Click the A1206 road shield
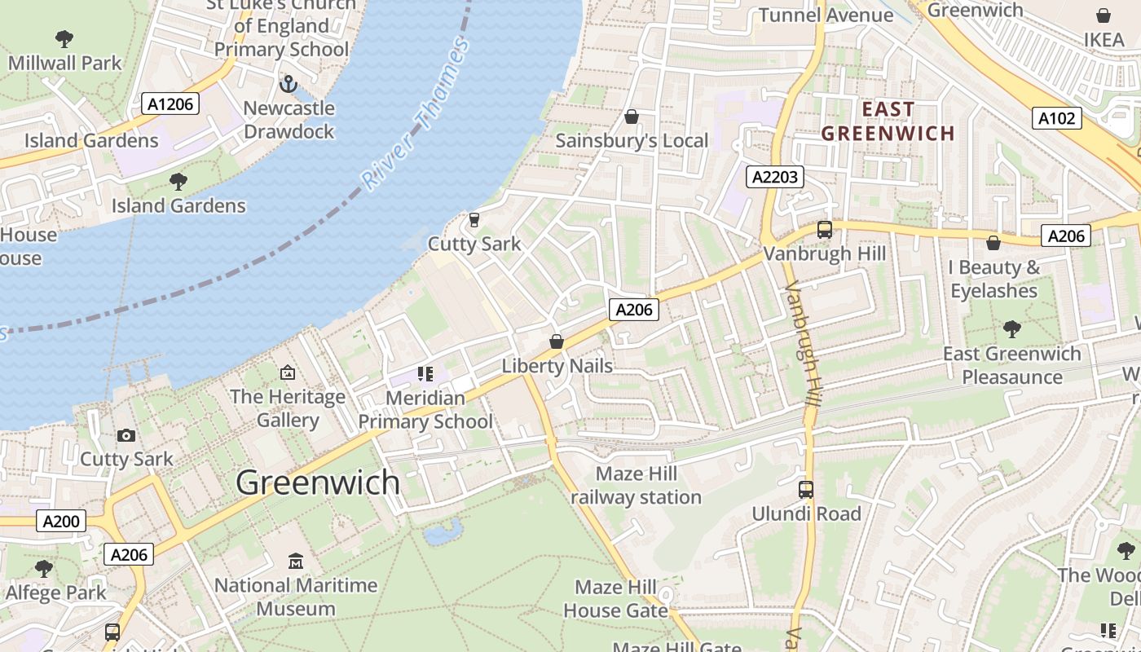click(x=170, y=104)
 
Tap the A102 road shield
click(x=1057, y=118)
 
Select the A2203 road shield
click(x=774, y=177)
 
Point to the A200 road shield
click(x=60, y=521)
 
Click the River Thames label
click(x=416, y=114)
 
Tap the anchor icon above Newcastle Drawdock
click(x=288, y=83)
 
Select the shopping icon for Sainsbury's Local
click(x=631, y=117)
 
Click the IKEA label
click(x=1104, y=39)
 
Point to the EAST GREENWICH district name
click(x=888, y=121)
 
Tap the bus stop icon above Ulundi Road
click(x=805, y=490)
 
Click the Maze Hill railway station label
click(x=636, y=486)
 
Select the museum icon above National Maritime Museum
click(x=296, y=562)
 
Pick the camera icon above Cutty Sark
click(x=126, y=435)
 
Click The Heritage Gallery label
click(x=288, y=408)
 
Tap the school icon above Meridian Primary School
click(x=425, y=374)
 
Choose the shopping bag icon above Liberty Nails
click(x=557, y=341)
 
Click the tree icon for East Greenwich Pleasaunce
click(x=1012, y=329)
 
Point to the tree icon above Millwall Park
click(x=64, y=38)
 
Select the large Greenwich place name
click(x=318, y=482)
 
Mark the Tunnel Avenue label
click(x=826, y=15)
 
